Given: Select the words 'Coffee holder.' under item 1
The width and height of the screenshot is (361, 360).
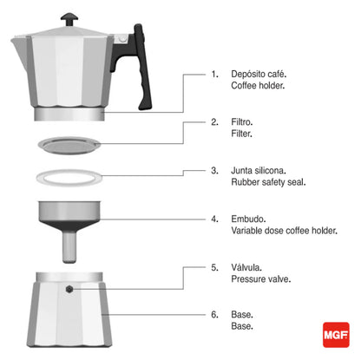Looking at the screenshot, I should (x=259, y=87).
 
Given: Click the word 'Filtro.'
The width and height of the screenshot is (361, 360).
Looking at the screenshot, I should (x=246, y=122).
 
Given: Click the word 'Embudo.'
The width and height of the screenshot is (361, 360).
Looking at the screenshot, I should (x=251, y=219).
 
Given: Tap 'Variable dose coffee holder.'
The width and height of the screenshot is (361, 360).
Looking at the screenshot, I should (x=286, y=232).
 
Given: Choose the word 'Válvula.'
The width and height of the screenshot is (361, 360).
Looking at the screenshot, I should (x=249, y=267).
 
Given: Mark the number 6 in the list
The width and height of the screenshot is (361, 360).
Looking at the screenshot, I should (x=214, y=314).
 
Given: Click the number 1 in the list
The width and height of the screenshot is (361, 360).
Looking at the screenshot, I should (x=214, y=75).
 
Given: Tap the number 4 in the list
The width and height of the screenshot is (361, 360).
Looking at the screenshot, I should (x=214, y=219).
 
